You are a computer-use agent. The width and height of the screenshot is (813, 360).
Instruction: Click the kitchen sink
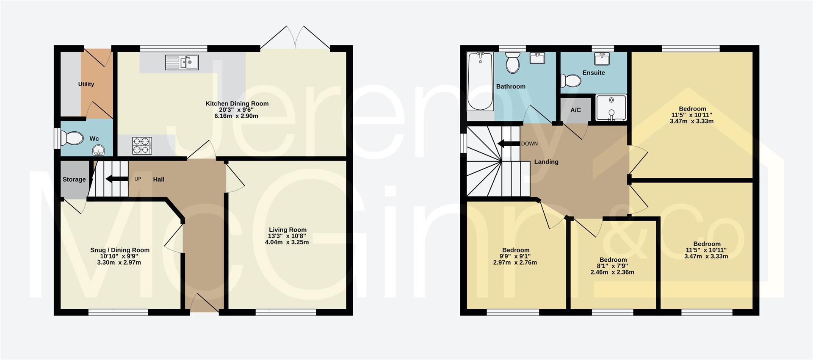click(x=182, y=63)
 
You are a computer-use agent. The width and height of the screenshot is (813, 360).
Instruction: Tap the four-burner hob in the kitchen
click(x=142, y=145)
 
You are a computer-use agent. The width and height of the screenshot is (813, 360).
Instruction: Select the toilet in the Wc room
click(x=72, y=138)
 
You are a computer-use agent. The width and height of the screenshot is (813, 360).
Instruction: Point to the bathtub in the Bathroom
click(x=480, y=81)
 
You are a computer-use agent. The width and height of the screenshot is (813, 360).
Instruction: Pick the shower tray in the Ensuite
click(x=611, y=108)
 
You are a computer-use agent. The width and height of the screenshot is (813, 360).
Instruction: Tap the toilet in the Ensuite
click(x=570, y=80)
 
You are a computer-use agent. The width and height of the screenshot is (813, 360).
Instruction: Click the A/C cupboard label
click(x=575, y=110)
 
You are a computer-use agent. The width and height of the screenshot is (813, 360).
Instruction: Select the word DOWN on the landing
click(x=529, y=144)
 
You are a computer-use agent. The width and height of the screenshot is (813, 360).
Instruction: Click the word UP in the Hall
click(x=138, y=179)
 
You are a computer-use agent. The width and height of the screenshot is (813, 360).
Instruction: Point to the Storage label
click(x=74, y=179)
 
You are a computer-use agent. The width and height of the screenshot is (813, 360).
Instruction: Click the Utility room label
click(x=86, y=84)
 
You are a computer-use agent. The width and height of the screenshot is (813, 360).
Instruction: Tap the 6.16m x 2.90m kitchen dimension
click(x=236, y=116)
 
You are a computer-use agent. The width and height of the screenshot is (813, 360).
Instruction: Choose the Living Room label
click(x=288, y=230)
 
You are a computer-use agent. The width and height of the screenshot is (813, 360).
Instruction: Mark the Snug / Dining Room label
click(x=120, y=250)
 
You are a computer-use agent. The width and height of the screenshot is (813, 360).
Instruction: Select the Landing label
click(x=546, y=161)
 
